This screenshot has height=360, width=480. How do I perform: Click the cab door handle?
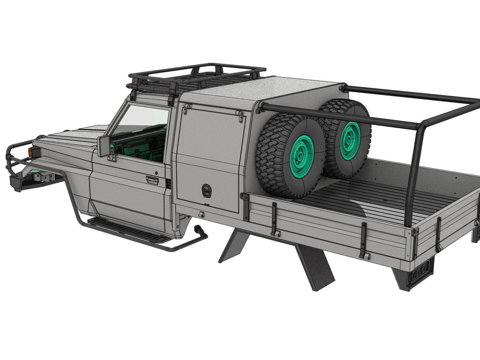pyautogui.click(x=152, y=180)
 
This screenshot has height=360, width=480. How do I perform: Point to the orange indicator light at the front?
pyautogui.click(x=30, y=152)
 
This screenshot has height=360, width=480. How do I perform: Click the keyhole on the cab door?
pyautogui.click(x=157, y=173)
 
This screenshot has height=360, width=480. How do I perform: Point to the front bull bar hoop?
pyautogui.click(x=13, y=156)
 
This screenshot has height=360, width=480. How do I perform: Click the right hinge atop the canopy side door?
pyautogui.click(x=241, y=115)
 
